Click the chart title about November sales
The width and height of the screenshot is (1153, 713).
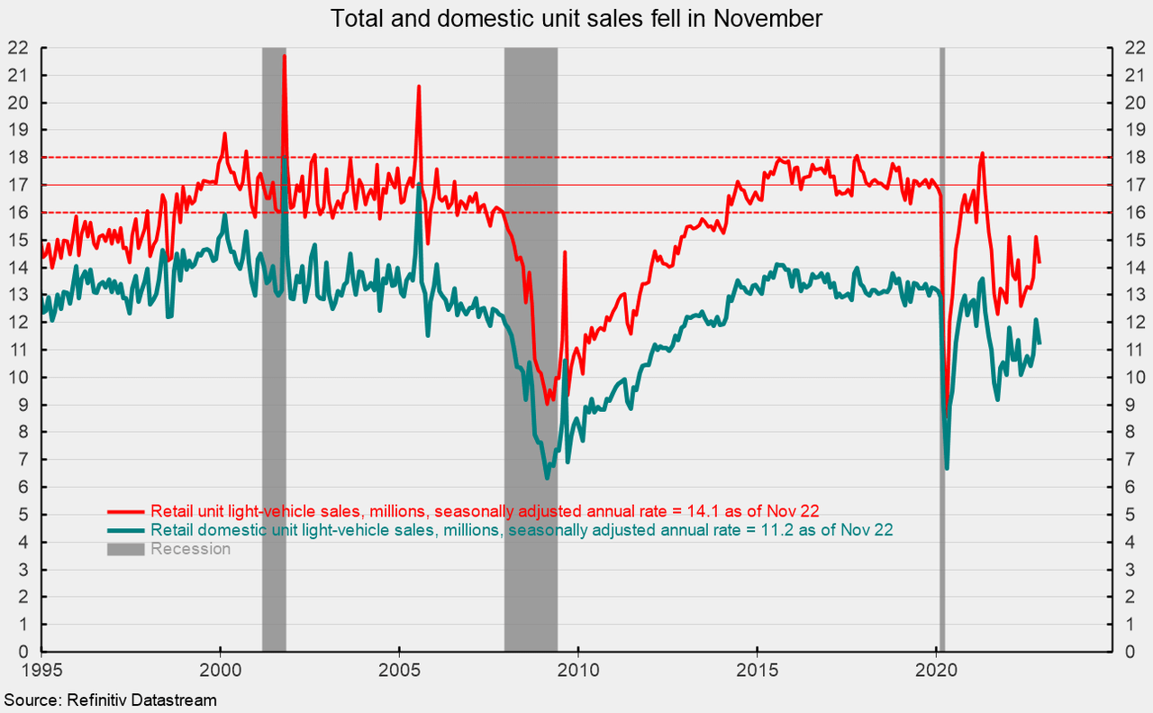(576, 18)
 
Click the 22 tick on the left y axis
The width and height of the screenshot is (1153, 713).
(18, 48)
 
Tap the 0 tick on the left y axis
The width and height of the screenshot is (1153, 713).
(23, 652)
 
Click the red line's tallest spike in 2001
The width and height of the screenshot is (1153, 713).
(285, 56)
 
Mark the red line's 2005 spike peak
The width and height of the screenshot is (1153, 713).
(419, 87)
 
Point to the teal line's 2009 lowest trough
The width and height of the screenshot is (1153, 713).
(546, 478)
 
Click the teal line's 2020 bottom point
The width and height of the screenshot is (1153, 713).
(947, 468)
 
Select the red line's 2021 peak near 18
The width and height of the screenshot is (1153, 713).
(982, 154)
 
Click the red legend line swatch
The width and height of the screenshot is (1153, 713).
(126, 508)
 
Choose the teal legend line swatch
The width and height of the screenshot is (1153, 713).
(126, 529)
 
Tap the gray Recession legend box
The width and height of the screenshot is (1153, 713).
(126, 549)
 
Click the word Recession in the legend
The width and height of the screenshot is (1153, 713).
(191, 549)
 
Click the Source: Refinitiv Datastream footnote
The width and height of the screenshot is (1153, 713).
(111, 699)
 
